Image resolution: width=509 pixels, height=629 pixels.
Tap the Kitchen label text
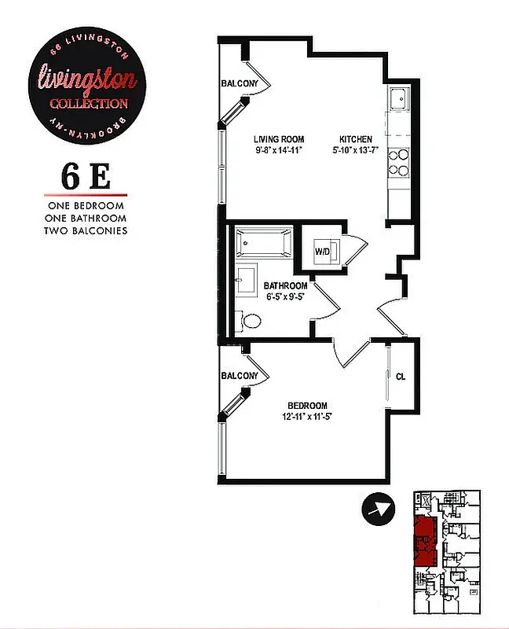[x=356, y=139]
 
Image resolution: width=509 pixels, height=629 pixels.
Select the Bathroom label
[x=285, y=285]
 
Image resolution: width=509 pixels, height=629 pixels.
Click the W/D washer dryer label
[x=322, y=252]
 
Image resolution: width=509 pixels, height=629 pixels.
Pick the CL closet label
[x=401, y=376]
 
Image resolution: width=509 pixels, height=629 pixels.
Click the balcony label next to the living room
[x=240, y=84]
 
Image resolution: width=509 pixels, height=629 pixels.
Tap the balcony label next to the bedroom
[x=240, y=376]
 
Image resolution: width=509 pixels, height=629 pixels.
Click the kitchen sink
[x=398, y=99]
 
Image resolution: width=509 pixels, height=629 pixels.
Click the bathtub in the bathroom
[x=261, y=243]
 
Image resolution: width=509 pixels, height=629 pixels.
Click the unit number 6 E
[x=86, y=177]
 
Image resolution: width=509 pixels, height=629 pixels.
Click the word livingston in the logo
[x=88, y=78]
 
